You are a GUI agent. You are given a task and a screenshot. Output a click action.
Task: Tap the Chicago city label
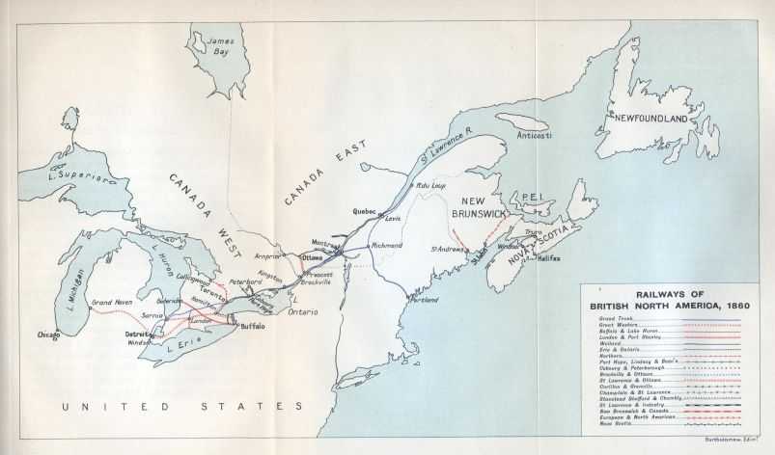click(47, 335)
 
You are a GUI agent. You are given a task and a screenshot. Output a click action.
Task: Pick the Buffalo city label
click(253, 326)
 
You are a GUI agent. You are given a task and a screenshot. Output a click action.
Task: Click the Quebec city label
click(364, 211)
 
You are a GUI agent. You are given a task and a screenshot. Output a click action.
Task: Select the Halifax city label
click(548, 258)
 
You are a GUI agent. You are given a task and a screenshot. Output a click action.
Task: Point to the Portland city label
click(423, 300)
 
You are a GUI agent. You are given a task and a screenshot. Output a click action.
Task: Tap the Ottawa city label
click(313, 257)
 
